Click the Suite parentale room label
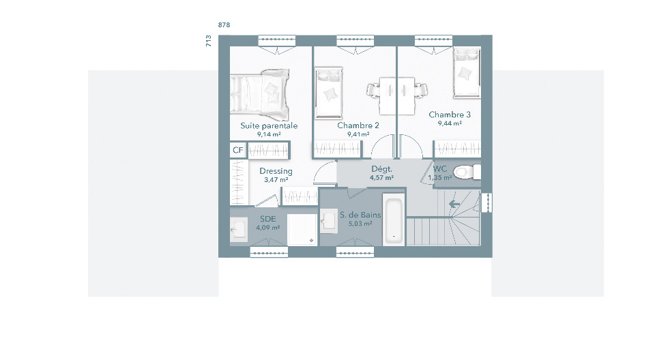click(x=269, y=125)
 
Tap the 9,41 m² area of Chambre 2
click(x=358, y=134)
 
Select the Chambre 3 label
click(x=450, y=115)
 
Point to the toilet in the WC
click(x=467, y=172)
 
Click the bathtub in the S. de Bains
click(x=394, y=220)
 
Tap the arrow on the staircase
click(x=454, y=205)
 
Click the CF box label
click(x=237, y=151)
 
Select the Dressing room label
click(x=276, y=171)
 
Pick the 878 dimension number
click(x=224, y=25)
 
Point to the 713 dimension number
click(x=209, y=41)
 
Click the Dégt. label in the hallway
click(x=381, y=169)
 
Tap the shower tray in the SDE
click(x=302, y=229)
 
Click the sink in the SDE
click(x=239, y=229)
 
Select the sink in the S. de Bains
click(x=328, y=220)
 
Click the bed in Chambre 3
click(x=467, y=74)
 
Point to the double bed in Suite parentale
click(x=259, y=95)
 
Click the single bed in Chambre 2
click(x=329, y=93)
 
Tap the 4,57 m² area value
click(x=381, y=178)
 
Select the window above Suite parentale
click(x=277, y=40)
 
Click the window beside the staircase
click(x=486, y=202)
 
